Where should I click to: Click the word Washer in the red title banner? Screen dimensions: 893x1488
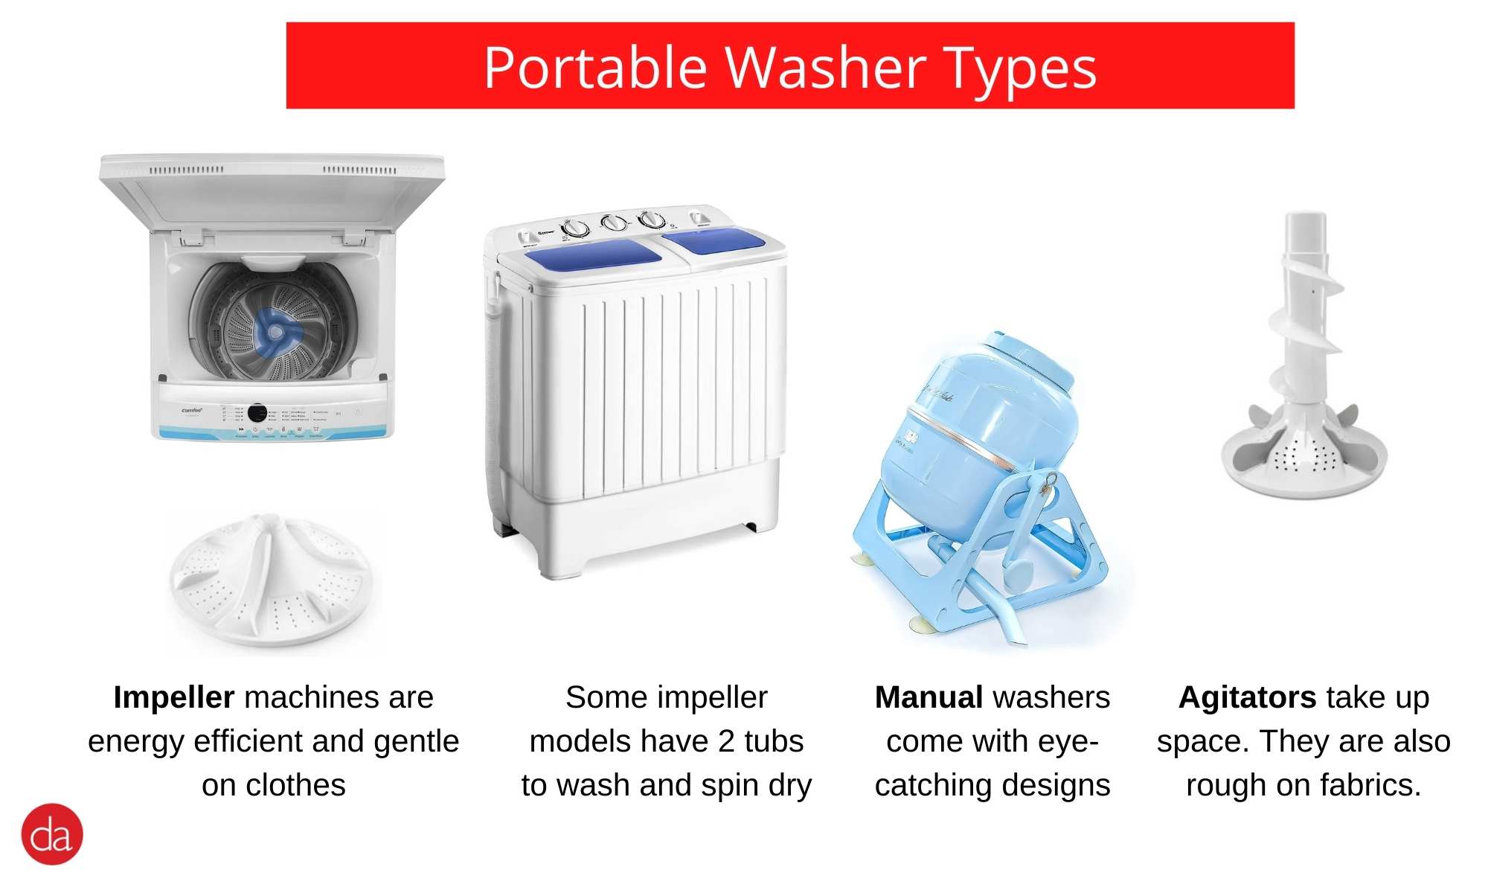tap(825, 68)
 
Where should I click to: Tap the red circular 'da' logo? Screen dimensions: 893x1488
tap(52, 834)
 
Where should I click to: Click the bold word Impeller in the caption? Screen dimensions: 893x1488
tap(174, 698)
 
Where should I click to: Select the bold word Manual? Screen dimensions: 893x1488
tap(929, 698)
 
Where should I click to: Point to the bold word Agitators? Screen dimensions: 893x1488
tap(1248, 698)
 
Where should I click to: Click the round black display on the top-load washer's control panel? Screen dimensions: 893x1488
tap(257, 412)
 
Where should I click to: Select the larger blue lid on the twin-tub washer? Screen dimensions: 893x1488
tap(593, 254)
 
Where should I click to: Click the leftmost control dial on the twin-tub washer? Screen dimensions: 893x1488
tap(574, 228)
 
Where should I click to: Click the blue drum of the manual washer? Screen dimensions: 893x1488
tap(975, 439)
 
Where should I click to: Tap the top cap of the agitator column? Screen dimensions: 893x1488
tap(1306, 223)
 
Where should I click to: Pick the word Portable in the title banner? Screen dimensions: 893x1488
tap(595, 68)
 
